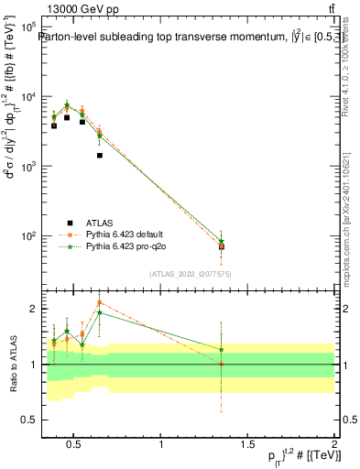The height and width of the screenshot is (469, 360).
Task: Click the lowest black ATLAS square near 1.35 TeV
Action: point(221,246)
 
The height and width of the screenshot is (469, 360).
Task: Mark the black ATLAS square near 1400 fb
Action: point(99,156)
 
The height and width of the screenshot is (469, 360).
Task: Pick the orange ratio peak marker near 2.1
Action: point(99,302)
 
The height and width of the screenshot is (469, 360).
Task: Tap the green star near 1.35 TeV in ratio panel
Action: point(221,349)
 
